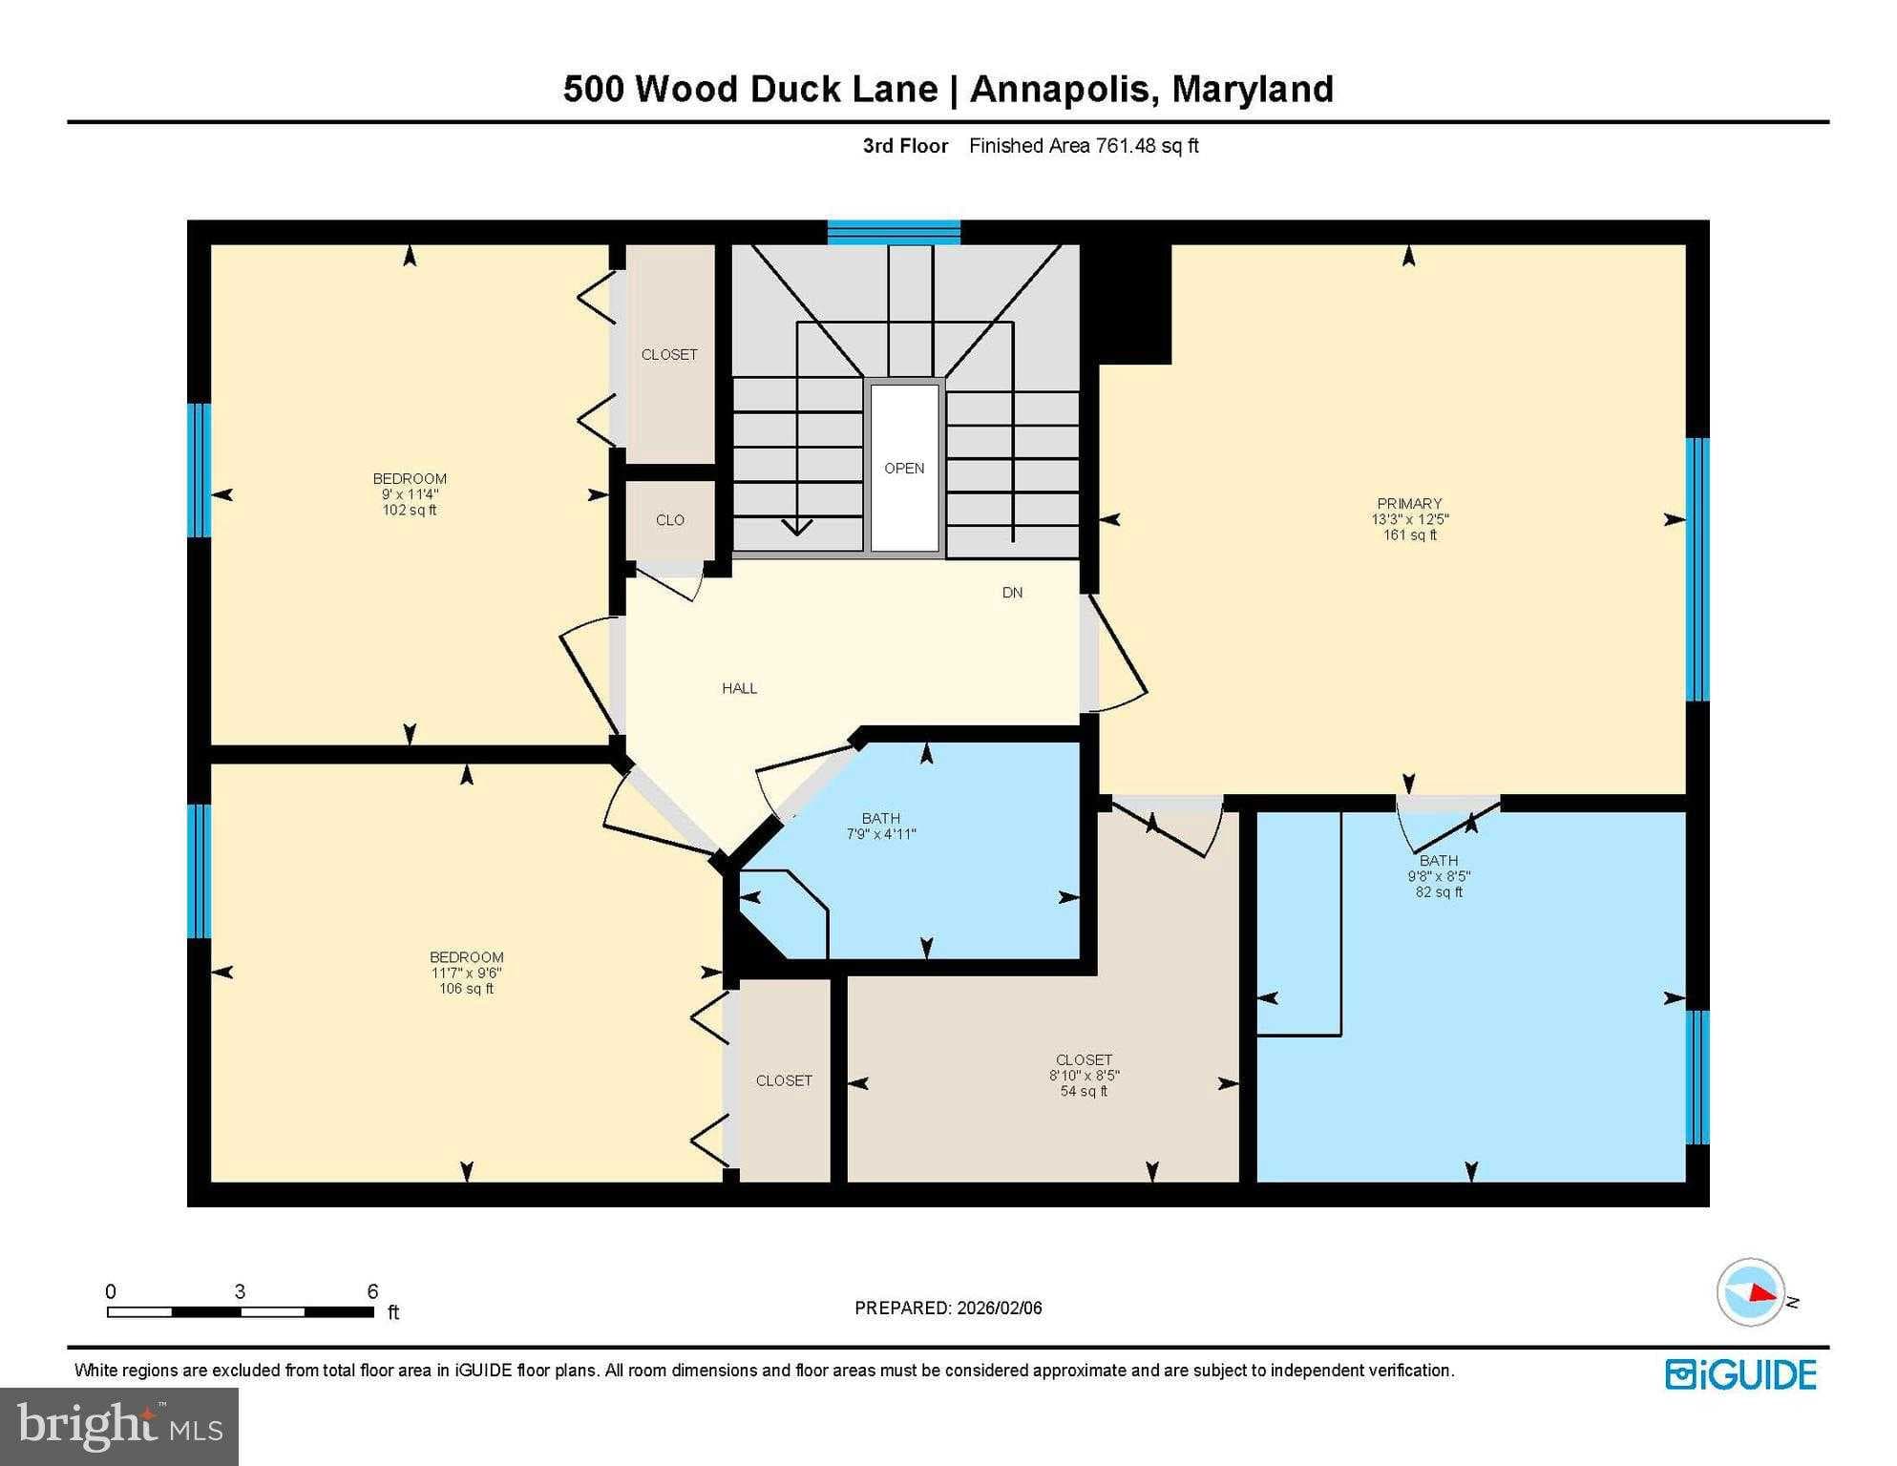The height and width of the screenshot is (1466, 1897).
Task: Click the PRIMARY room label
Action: (1409, 504)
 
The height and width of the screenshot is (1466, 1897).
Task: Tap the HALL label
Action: (740, 688)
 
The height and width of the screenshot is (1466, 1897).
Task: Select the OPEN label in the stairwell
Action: (904, 469)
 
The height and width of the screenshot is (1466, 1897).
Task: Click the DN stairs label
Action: (1013, 593)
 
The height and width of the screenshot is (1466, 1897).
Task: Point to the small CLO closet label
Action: (670, 520)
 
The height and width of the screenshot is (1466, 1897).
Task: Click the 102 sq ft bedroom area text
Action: (410, 511)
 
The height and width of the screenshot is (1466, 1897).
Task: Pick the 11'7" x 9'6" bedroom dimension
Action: (466, 974)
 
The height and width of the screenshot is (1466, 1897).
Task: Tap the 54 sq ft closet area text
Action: (1084, 1091)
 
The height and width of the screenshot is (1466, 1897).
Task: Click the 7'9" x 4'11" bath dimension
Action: (881, 834)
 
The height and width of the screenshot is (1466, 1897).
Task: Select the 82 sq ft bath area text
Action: (1439, 892)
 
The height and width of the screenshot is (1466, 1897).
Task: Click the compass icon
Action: (1751, 1292)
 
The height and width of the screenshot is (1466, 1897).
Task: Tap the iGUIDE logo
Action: (1740, 1375)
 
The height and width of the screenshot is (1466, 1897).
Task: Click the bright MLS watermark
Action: (119, 1426)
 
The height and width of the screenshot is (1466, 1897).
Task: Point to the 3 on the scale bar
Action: (240, 1291)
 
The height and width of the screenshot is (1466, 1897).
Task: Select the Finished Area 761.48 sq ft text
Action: (1084, 146)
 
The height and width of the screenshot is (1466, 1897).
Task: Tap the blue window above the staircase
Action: (894, 232)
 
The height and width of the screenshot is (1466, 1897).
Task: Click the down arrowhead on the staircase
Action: (796, 527)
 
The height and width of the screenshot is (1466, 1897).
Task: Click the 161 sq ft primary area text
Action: (1409, 535)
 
